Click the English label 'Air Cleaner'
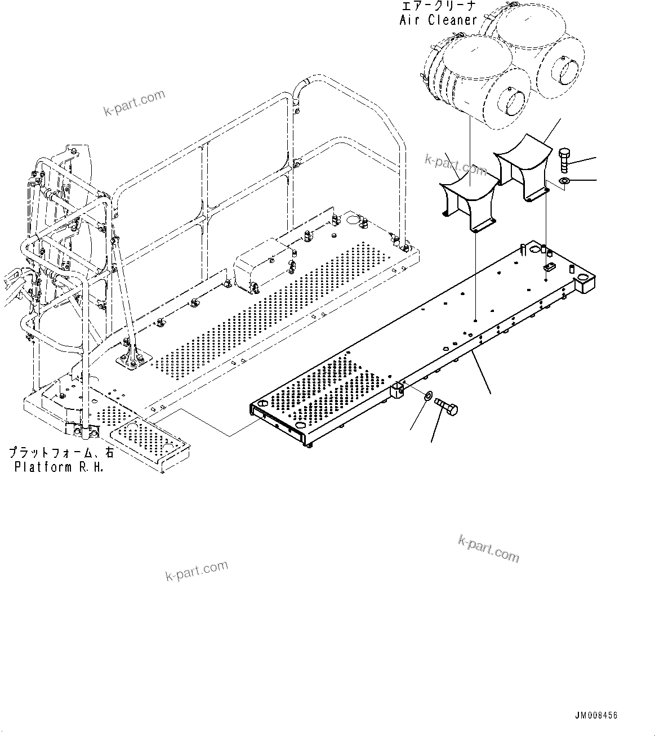(x=438, y=20)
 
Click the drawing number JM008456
(x=596, y=716)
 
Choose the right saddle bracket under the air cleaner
(x=521, y=166)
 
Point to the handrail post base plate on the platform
(x=131, y=359)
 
